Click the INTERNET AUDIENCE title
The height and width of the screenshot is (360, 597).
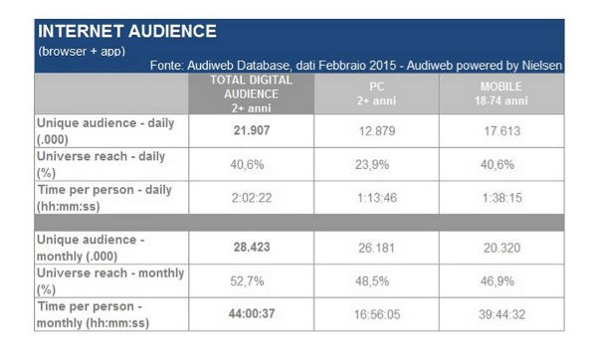pos(125,31)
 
